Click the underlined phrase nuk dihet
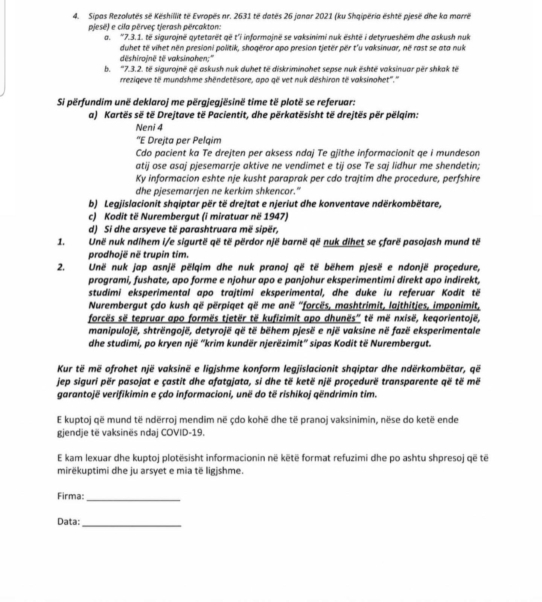pyautogui.click(x=344, y=242)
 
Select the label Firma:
pyautogui.click(x=71, y=496)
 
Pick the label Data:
pyautogui.click(x=69, y=522)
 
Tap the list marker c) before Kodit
pyautogui.click(x=93, y=217)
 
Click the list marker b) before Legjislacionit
pyautogui.click(x=93, y=204)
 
